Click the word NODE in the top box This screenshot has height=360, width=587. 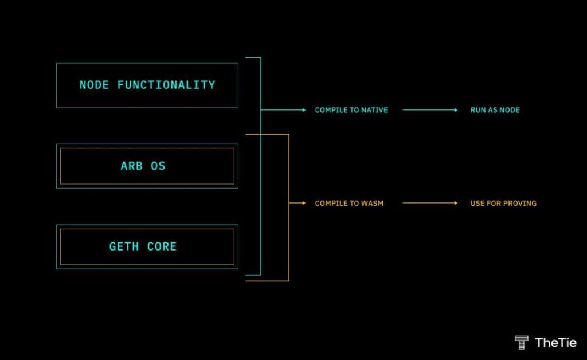click(94, 85)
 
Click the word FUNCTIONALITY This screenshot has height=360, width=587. click(166, 85)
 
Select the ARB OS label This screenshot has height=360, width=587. click(143, 166)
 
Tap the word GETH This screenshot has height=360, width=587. click(124, 246)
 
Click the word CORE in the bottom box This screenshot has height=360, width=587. click(162, 246)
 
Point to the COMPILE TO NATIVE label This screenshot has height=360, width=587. click(351, 110)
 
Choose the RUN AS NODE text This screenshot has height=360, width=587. click(495, 110)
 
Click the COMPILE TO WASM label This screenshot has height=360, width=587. click(349, 203)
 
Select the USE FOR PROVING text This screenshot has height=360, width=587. click(503, 203)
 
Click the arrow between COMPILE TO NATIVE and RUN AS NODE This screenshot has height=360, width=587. click(430, 110)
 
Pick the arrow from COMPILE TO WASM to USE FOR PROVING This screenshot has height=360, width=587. click(430, 203)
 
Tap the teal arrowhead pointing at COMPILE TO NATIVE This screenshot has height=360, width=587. click(304, 110)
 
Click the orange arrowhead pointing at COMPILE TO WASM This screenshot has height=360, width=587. click(304, 203)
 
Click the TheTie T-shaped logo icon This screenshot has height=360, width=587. click(521, 342)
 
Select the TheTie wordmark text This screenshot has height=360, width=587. click(555, 342)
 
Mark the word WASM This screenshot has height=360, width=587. click(372, 203)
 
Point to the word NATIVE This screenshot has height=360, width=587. click(375, 110)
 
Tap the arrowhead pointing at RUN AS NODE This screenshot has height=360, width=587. click(455, 110)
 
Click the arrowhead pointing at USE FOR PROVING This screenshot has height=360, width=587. click(455, 203)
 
